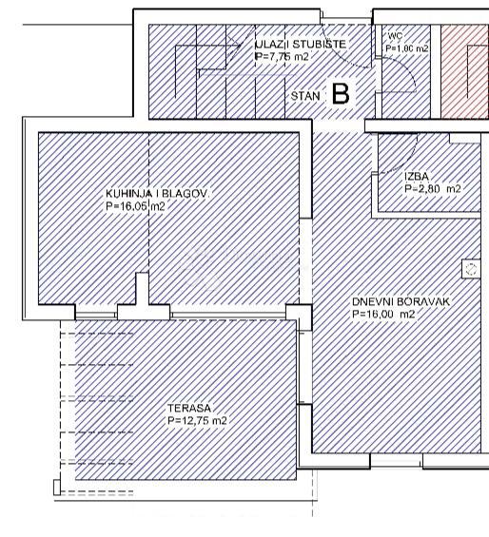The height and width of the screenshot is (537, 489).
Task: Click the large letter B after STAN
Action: point(340,94)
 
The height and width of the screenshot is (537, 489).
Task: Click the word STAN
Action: point(304,96)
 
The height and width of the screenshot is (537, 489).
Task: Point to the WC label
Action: point(395,35)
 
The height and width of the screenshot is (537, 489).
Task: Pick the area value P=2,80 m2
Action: point(432,189)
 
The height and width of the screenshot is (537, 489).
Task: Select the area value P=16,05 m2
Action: point(135,205)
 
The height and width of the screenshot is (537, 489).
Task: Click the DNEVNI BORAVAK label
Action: point(401,301)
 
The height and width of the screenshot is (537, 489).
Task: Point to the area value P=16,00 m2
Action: point(383,314)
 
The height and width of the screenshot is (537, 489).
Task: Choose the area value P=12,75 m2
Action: point(197,420)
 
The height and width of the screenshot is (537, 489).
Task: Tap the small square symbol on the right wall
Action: point(469,270)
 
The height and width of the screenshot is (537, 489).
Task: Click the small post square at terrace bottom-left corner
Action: point(57,489)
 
